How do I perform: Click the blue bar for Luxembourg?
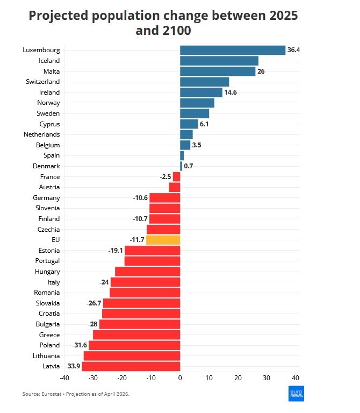[x=233, y=50]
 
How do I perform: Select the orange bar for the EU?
[x=163, y=240]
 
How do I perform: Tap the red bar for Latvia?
[x=131, y=366]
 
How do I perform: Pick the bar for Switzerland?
[x=204, y=82]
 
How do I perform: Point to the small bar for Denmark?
[x=181, y=166]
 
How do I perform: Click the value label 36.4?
[x=293, y=50]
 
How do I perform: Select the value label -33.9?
[x=73, y=366]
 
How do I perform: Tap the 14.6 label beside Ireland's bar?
[x=231, y=92]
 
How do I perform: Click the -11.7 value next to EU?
[x=137, y=240]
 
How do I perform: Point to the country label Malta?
[x=52, y=72]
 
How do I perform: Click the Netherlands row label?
[x=42, y=134]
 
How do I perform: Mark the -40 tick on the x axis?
[x=65, y=378]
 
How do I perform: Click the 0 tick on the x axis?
[x=180, y=378]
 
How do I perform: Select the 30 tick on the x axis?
[x=267, y=378]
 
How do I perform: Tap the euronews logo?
[x=297, y=394]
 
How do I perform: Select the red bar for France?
[x=176, y=176]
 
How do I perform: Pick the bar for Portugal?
[x=152, y=261]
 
